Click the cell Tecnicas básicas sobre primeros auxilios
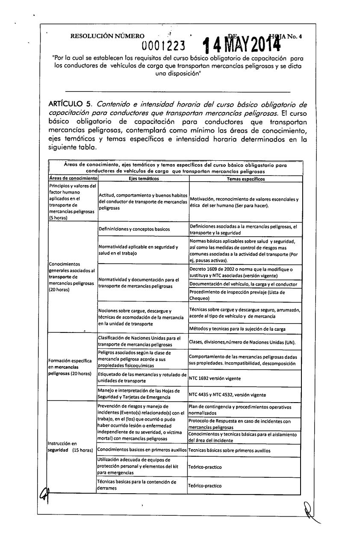231,450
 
